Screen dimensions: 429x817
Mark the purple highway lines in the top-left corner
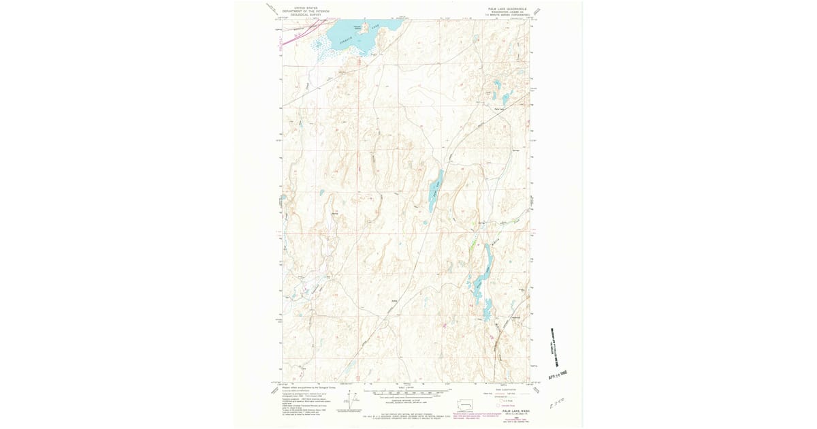pos(294,35)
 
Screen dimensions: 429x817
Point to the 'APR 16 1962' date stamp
pos(556,374)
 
